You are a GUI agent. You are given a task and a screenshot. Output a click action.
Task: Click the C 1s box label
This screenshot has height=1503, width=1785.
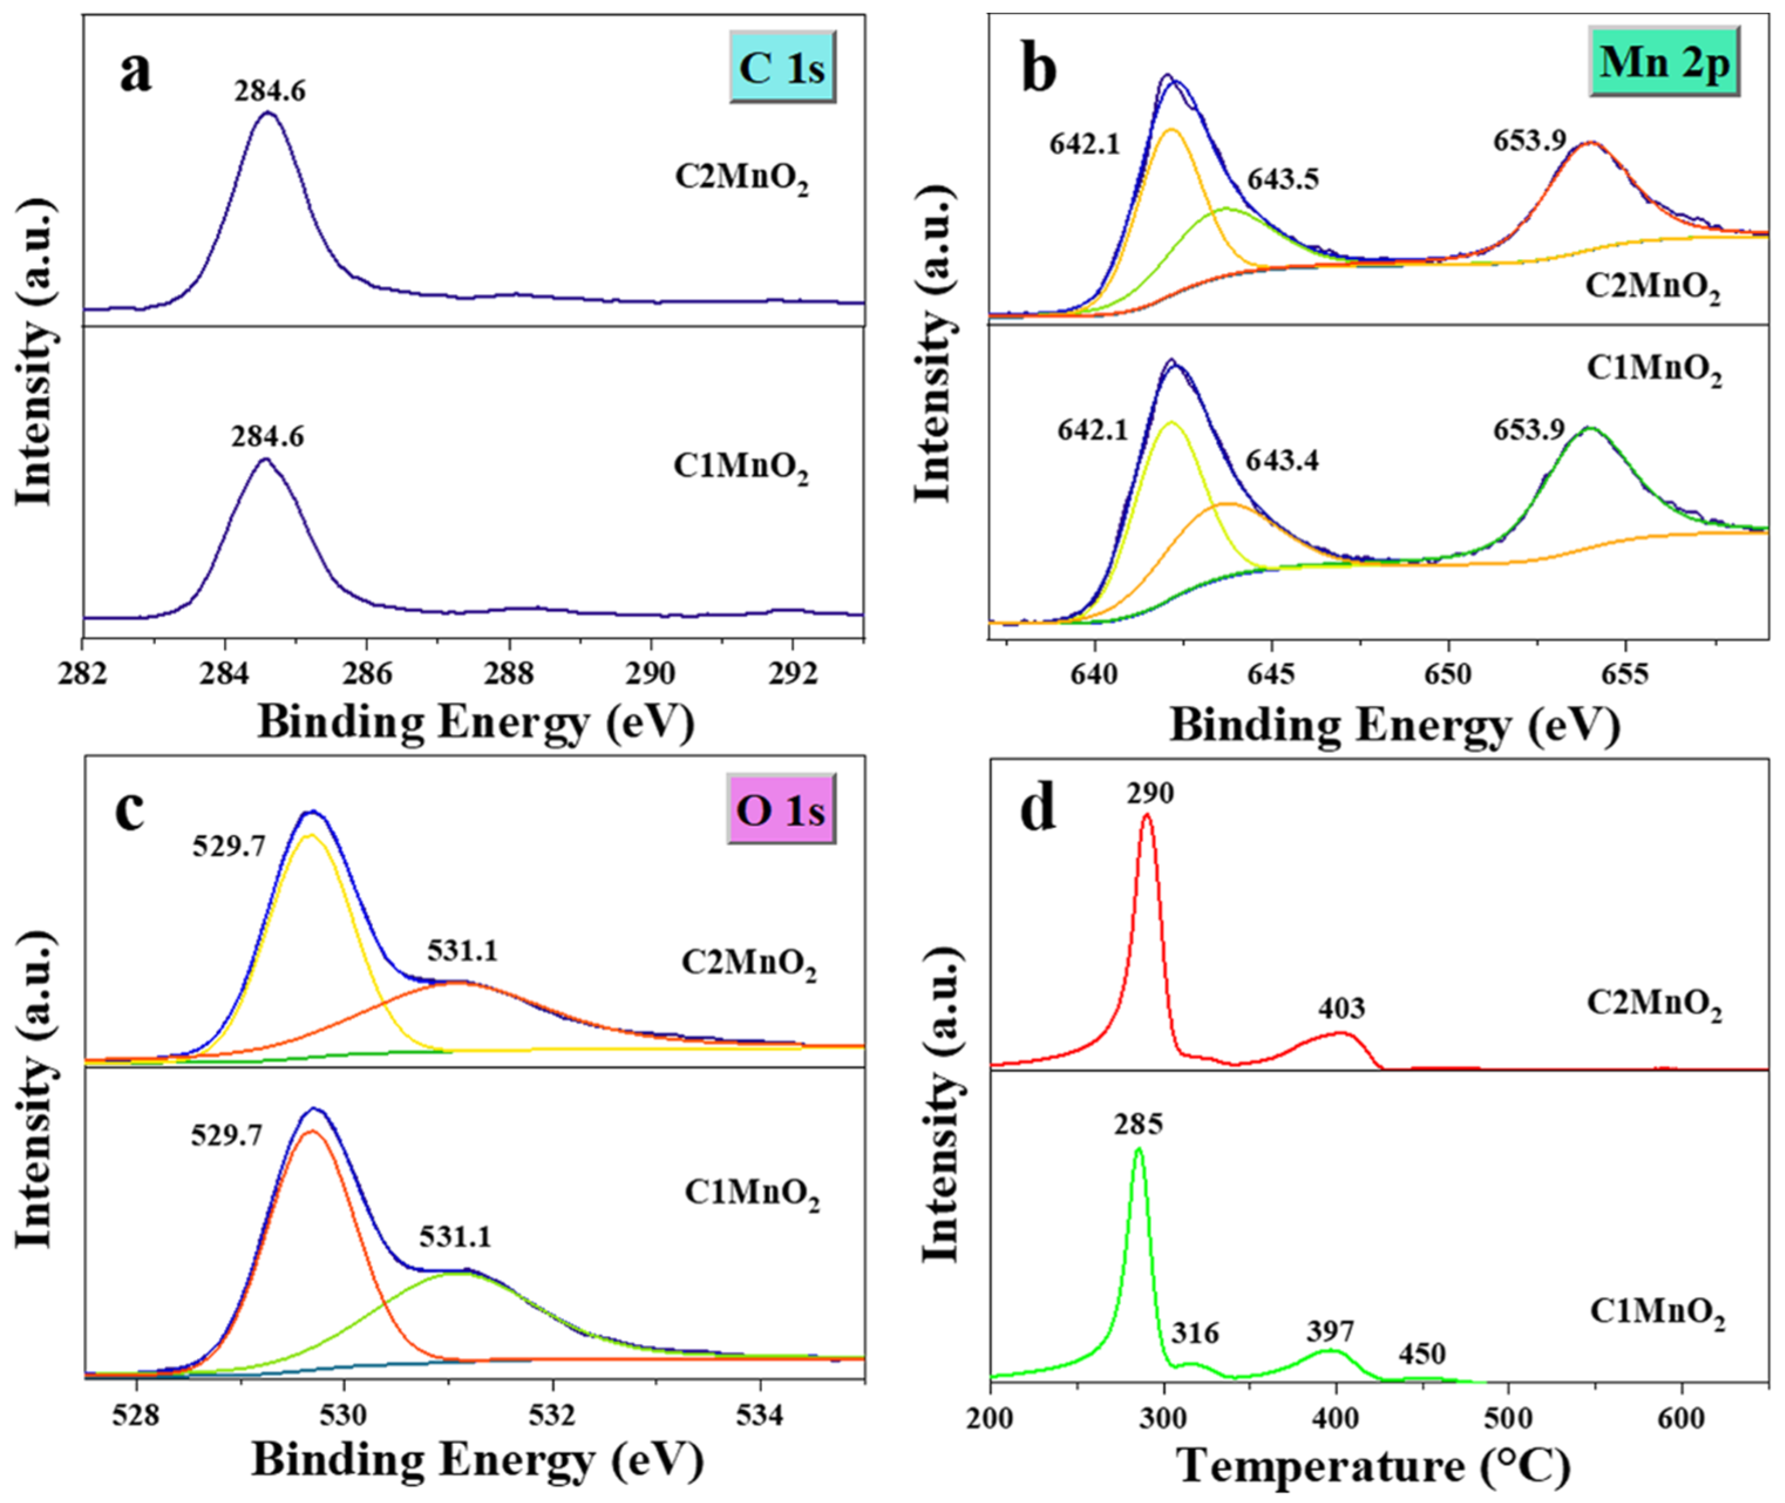781,67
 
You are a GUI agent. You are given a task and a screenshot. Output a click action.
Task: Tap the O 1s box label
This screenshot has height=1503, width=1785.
780,809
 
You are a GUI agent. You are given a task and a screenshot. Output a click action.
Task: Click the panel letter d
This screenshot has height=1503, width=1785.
1038,807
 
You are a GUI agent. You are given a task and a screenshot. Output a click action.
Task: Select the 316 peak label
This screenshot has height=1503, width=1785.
1195,1332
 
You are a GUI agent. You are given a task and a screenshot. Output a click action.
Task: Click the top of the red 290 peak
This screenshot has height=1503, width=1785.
1147,816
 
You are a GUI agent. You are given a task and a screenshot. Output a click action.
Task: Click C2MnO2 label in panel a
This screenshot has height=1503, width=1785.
742,179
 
